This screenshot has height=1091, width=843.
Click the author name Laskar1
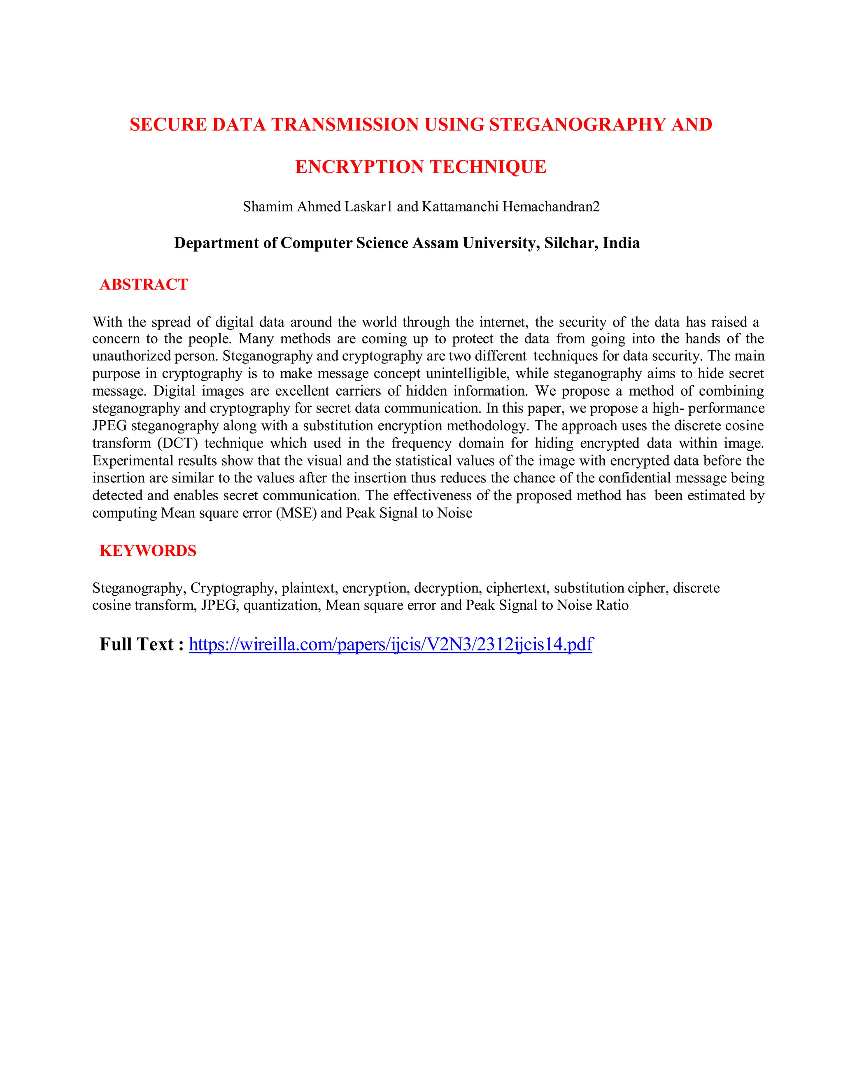368,206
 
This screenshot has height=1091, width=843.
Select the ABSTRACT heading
144,285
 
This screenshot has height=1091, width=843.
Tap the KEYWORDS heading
148,550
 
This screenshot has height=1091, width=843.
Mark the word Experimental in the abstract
133,461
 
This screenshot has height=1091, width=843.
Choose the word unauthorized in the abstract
131,356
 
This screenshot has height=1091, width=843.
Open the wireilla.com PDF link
391,644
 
